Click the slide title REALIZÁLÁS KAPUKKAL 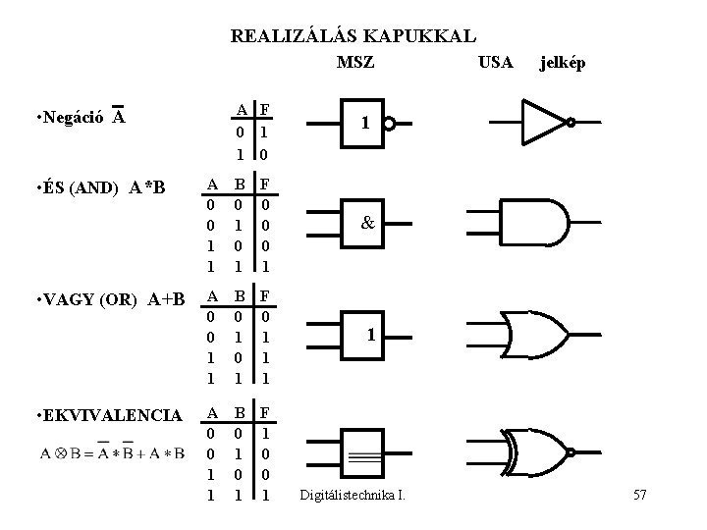coord(353,37)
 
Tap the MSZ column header coord(354,63)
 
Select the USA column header coord(495,63)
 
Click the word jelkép coord(563,63)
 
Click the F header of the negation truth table coord(265,109)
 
